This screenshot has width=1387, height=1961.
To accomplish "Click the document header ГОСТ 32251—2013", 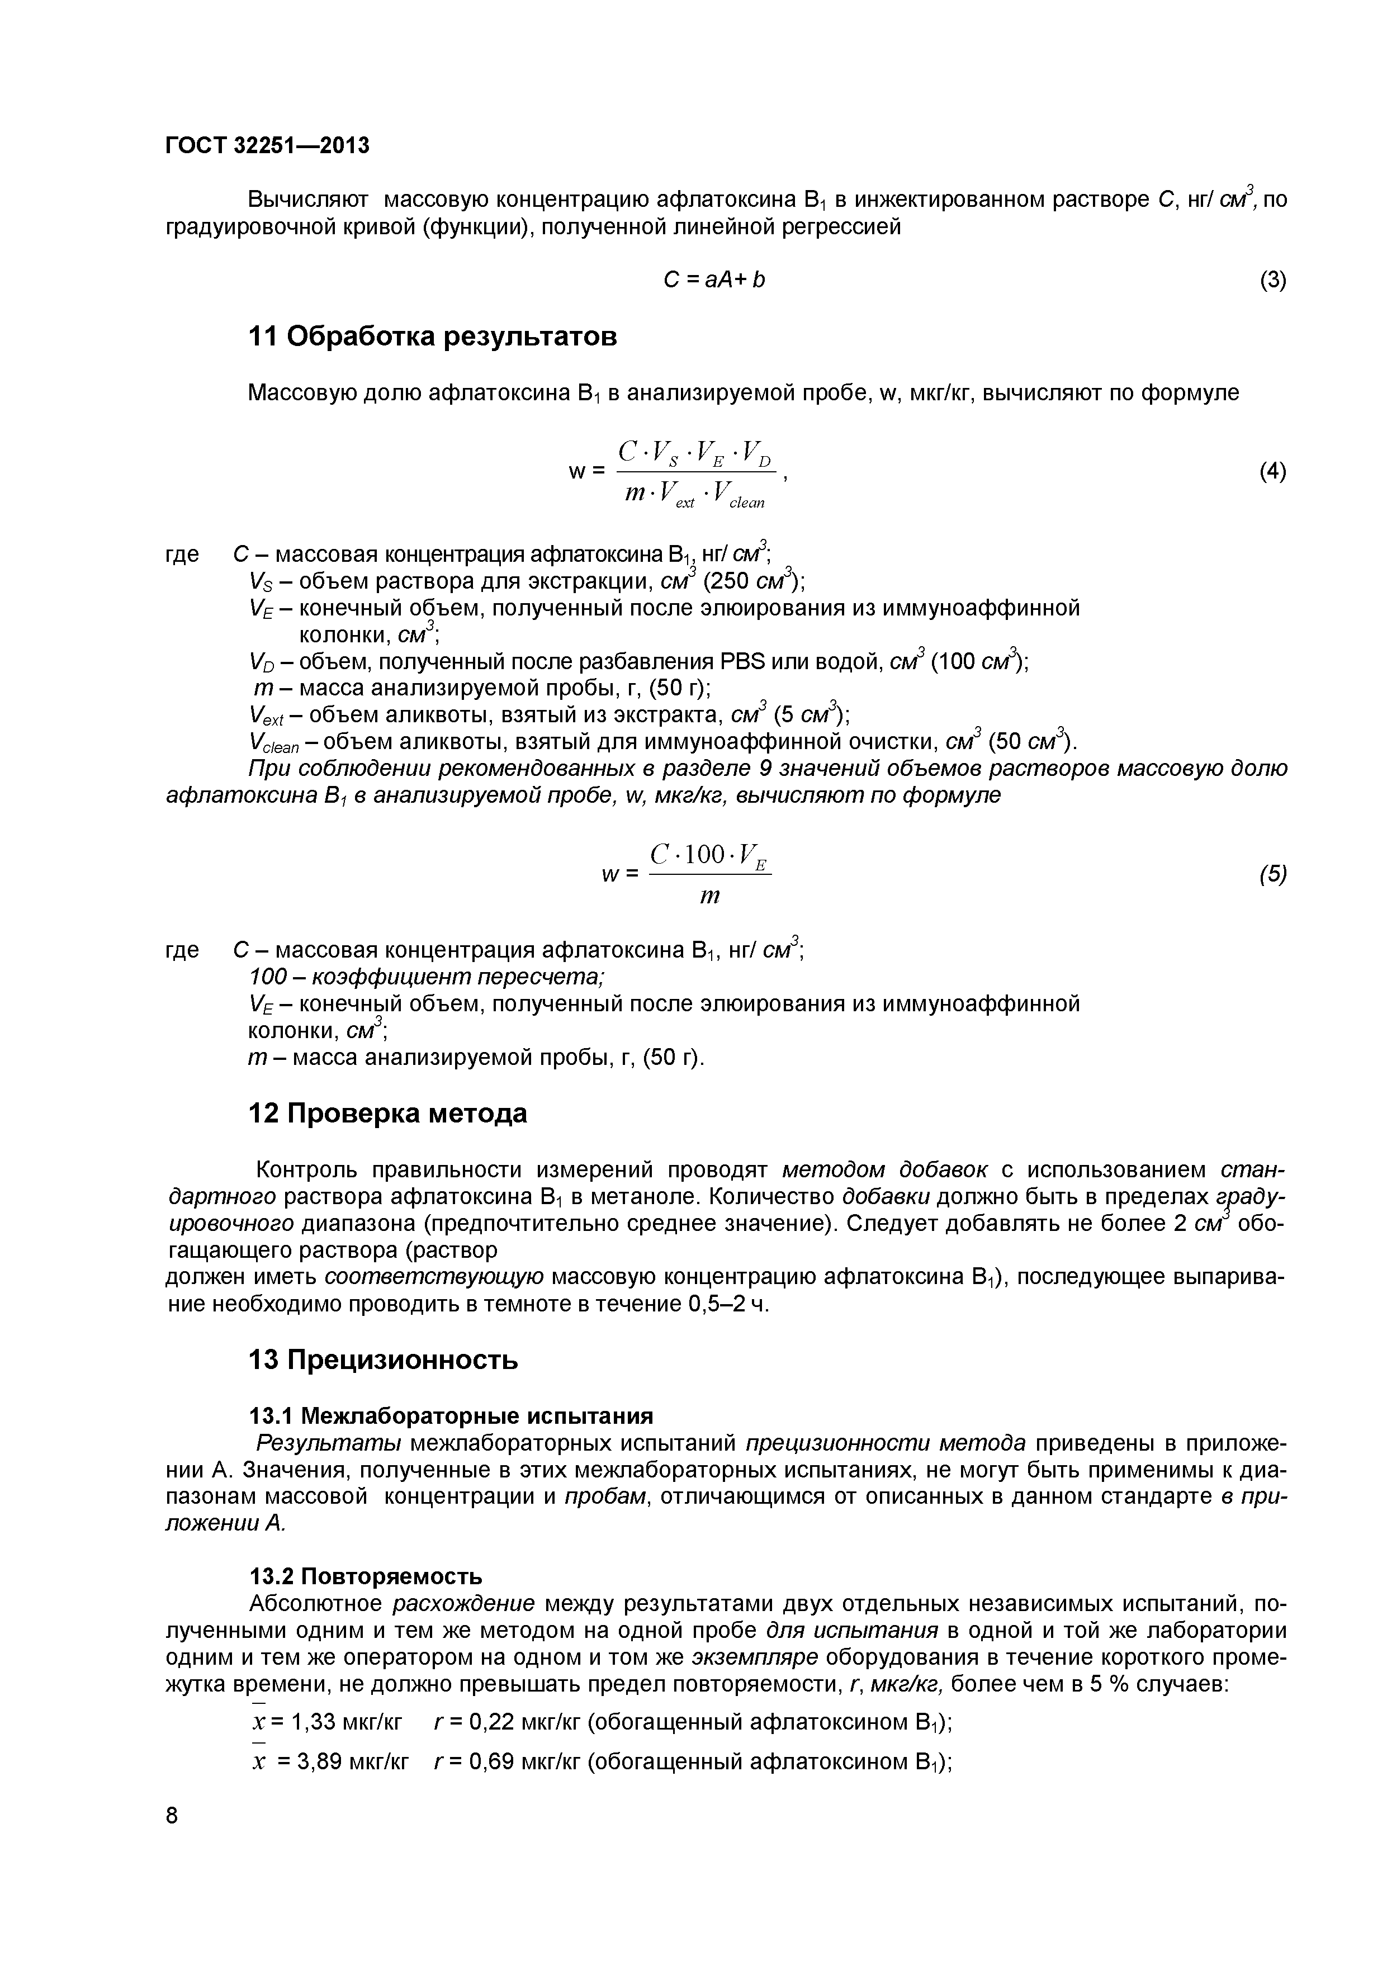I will coord(267,146).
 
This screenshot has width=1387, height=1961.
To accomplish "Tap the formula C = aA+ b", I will coord(714,280).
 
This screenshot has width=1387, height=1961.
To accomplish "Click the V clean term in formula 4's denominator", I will coord(739,495).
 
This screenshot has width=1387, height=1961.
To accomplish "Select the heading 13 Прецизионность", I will coord(382,1360).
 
